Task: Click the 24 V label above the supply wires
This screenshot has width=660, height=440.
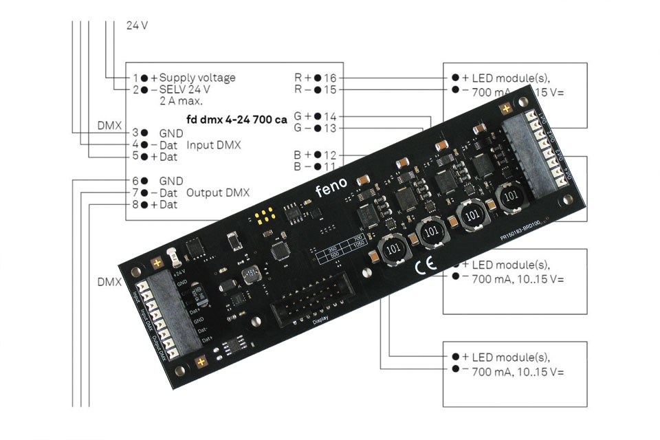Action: (137, 25)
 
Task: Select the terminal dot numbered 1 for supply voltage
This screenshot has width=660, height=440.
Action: (144, 78)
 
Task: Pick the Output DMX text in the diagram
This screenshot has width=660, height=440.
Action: (218, 192)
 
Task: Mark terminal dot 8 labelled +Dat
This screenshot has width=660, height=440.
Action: (144, 205)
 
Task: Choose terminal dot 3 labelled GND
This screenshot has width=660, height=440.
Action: (144, 132)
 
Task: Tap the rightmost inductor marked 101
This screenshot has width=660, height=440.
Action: (509, 196)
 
